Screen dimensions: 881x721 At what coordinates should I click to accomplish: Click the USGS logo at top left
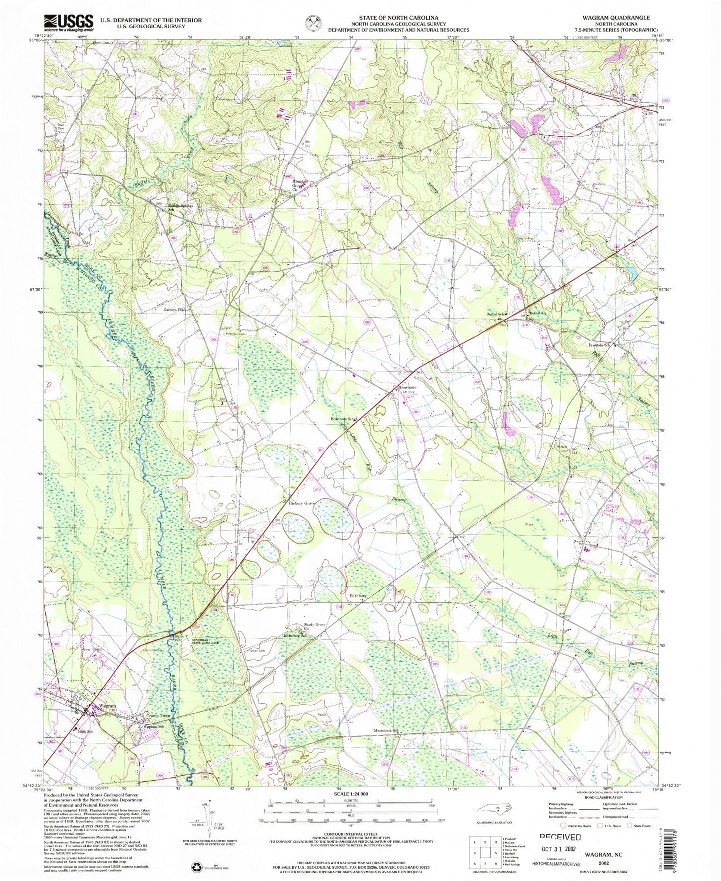pos(69,22)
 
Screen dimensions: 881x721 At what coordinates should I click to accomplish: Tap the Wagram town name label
pos(108,706)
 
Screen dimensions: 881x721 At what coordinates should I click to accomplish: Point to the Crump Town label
pos(155,715)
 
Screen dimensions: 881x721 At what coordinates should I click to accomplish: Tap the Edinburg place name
pos(358,596)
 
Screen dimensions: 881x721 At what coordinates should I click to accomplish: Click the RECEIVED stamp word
pos(560,837)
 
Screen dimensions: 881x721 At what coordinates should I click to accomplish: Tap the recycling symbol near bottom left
pos(196,868)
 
